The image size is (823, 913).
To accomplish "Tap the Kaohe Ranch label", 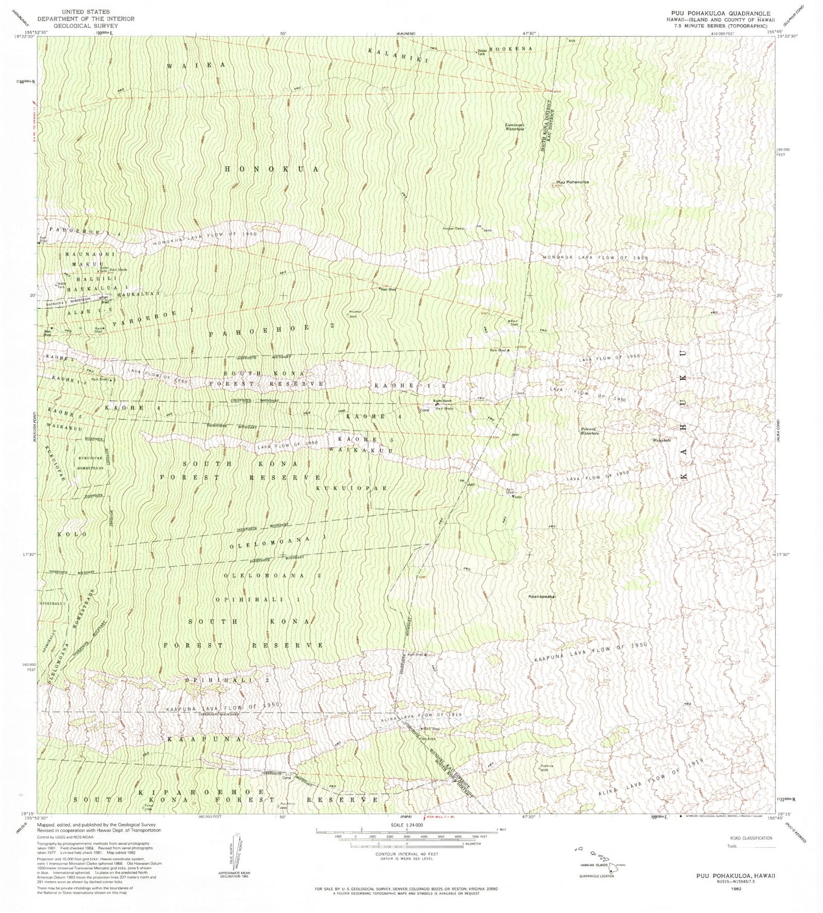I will (443, 402).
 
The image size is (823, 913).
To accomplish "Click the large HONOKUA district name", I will (272, 170).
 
